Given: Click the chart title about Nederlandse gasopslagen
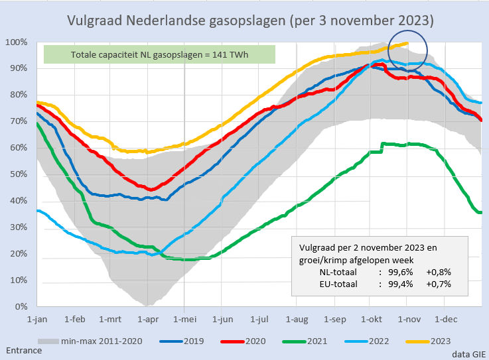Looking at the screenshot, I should click(251, 21).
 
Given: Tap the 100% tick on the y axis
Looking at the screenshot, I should click(16, 42).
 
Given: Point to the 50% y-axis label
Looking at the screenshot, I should click(18, 174).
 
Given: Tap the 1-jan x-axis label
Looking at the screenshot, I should click(38, 318).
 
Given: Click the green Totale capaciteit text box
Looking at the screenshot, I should click(159, 54).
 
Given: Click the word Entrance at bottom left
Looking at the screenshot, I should click(23, 350).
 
